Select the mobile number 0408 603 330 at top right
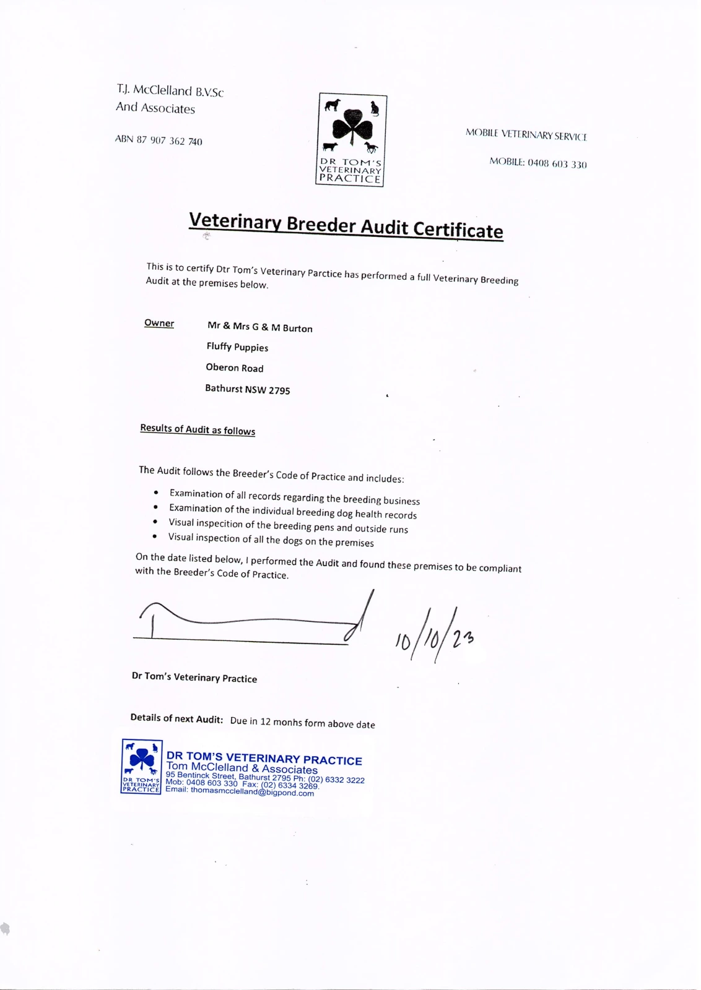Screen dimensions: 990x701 557,163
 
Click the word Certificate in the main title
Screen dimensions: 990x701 458,230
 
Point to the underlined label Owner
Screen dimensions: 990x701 159,323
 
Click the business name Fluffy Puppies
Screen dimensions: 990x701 237,347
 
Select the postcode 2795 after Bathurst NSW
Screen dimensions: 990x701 279,390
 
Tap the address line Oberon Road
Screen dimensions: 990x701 235,368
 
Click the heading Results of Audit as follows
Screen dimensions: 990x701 198,429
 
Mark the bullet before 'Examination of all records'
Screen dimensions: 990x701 156,493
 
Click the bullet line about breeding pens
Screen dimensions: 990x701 288,526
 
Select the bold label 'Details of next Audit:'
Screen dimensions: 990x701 176,718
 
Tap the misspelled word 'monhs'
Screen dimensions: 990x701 287,722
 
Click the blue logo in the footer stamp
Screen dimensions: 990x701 142,767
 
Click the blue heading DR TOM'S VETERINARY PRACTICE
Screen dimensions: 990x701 264,759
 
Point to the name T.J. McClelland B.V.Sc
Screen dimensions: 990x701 170,91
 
